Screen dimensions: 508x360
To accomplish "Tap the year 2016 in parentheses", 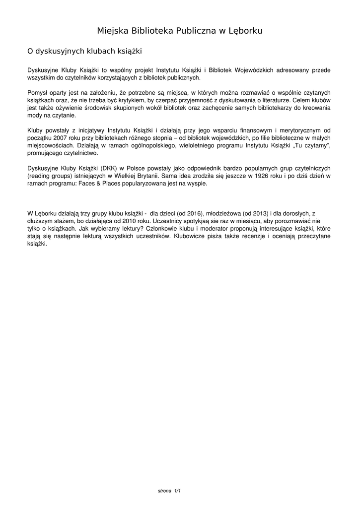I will [x=193, y=214].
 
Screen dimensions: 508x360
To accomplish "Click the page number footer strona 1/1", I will [x=169, y=491].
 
